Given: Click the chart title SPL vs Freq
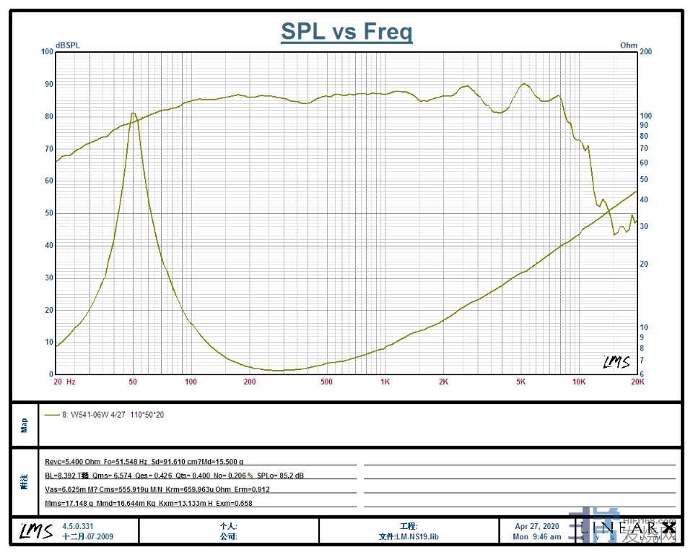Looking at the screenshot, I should pyautogui.click(x=346, y=32).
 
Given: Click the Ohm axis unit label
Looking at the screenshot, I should pyautogui.click(x=629, y=45).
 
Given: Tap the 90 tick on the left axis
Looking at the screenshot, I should pyautogui.click(x=48, y=84).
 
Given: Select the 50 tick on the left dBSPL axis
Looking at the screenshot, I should pyautogui.click(x=48, y=213).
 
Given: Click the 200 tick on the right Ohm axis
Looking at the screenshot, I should pyautogui.click(x=646, y=52).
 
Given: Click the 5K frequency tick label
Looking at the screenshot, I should pyautogui.click(x=520, y=382).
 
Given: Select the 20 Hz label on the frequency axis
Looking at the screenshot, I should pyautogui.click(x=64, y=382).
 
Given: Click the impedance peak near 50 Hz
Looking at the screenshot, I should pyautogui.click(x=133, y=113).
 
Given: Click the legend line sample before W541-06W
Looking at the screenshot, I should pyautogui.click(x=52, y=416).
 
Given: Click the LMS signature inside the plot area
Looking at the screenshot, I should pyautogui.click(x=617, y=362).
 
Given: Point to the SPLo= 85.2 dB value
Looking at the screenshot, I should pyautogui.click(x=280, y=475).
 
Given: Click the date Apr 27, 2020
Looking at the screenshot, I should pyautogui.click(x=537, y=527).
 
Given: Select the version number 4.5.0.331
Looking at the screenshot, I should pyautogui.click(x=79, y=527).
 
